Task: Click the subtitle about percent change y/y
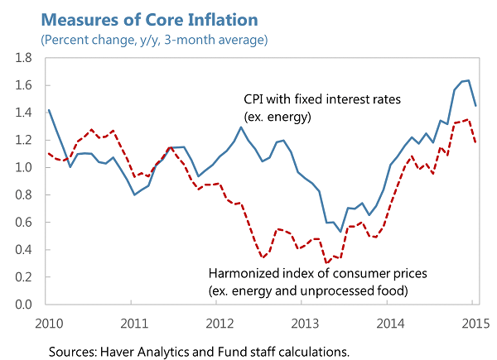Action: pyautogui.click(x=153, y=39)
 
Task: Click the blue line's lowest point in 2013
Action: pyautogui.click(x=340, y=231)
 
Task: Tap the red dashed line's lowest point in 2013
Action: pyautogui.click(x=326, y=262)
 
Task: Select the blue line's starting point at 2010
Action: pyautogui.click(x=49, y=110)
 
